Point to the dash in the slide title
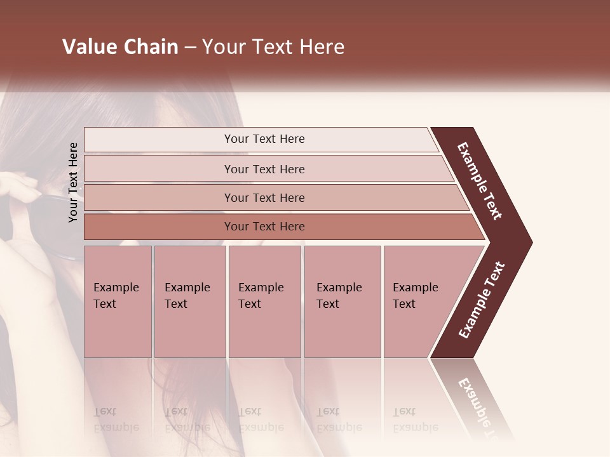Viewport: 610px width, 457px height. [190, 48]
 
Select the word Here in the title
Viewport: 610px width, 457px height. [322, 47]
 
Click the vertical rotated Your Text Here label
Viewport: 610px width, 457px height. [73, 183]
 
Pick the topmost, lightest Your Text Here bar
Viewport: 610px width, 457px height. [264, 139]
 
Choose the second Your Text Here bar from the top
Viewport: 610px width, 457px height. [264, 169]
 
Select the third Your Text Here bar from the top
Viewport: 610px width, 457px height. [264, 197]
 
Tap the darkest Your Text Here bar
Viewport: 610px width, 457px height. [264, 226]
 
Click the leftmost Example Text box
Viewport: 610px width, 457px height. [118, 301]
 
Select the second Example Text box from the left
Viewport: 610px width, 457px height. [189, 301]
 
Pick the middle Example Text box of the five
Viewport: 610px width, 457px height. [264, 301]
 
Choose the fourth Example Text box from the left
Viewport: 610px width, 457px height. [342, 301]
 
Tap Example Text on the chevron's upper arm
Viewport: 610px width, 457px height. [480, 182]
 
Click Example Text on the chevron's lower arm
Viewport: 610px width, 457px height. [482, 300]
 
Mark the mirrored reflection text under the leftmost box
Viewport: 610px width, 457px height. [116, 420]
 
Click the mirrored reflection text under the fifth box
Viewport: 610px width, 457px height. [416, 420]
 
